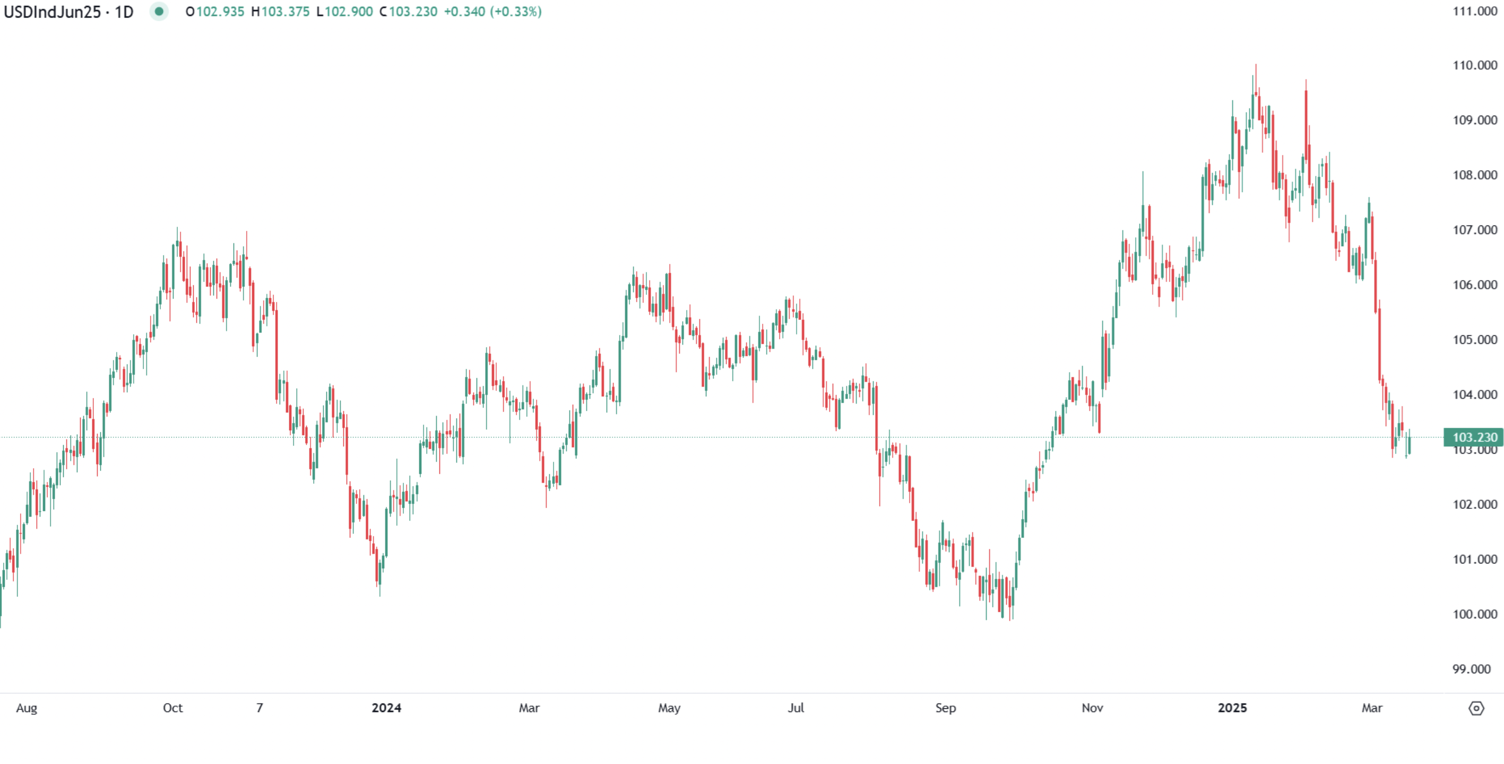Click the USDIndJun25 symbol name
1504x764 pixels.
click(x=53, y=12)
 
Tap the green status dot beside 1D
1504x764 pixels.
click(x=159, y=12)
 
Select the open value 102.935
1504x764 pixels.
click(x=220, y=12)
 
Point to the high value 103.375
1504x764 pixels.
click(x=285, y=12)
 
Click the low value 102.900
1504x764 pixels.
click(x=349, y=12)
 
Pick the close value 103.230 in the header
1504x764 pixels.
click(x=413, y=12)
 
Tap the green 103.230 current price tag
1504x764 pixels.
click(x=1474, y=437)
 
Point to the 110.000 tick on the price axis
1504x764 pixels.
click(x=1475, y=65)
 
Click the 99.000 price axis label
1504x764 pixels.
click(x=1475, y=669)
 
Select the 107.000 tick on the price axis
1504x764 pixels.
click(x=1475, y=230)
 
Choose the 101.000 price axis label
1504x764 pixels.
click(x=1475, y=559)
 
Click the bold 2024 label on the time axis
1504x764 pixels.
click(x=386, y=708)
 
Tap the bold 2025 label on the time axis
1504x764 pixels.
click(x=1232, y=708)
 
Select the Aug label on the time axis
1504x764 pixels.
click(x=27, y=708)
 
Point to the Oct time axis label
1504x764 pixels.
click(x=173, y=708)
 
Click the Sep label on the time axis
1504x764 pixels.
click(x=946, y=708)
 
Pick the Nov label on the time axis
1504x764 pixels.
click(x=1092, y=708)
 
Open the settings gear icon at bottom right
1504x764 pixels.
click(x=1476, y=708)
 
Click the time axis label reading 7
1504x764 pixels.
click(x=260, y=708)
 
